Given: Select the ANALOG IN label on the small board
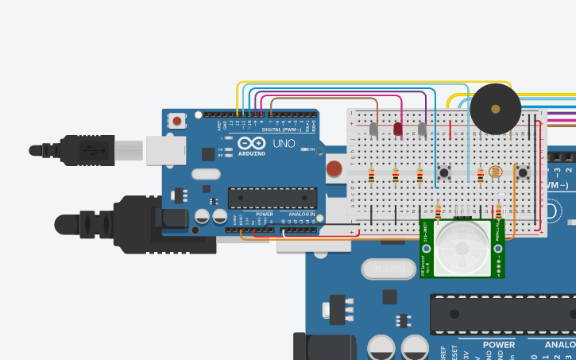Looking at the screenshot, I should tap(301, 215).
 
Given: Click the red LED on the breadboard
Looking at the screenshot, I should tap(397, 128).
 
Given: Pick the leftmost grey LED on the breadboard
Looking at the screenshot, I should tap(373, 128).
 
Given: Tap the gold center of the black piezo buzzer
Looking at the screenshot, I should tap(496, 109).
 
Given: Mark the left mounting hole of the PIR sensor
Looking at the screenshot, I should tap(427, 249).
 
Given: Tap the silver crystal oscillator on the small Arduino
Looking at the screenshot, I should tap(206, 174).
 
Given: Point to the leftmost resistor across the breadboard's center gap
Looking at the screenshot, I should tap(371, 176).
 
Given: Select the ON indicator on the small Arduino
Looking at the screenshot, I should tap(312, 149).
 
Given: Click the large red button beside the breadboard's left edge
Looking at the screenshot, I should tap(334, 168).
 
